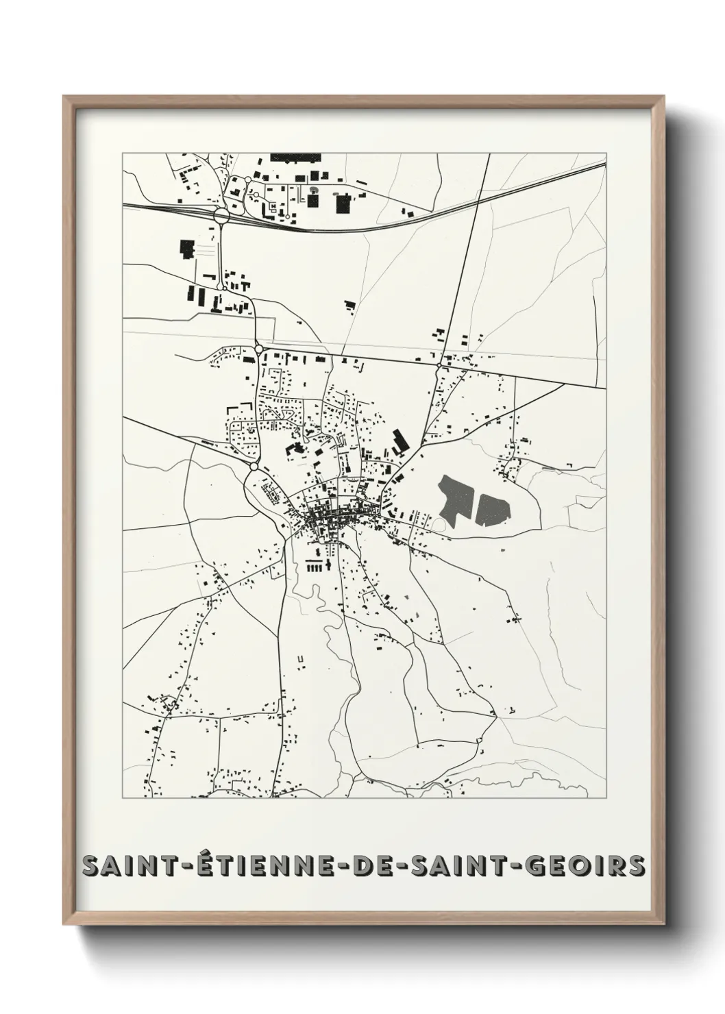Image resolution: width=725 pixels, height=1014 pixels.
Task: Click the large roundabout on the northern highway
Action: tap(221, 215)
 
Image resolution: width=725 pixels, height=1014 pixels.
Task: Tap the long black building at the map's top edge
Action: tap(295, 157)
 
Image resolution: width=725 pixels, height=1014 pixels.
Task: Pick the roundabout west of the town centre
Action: tap(254, 467)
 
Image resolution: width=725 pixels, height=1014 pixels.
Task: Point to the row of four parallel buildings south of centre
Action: tap(316, 566)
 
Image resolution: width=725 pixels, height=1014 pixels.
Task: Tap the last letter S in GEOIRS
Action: tap(637, 865)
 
